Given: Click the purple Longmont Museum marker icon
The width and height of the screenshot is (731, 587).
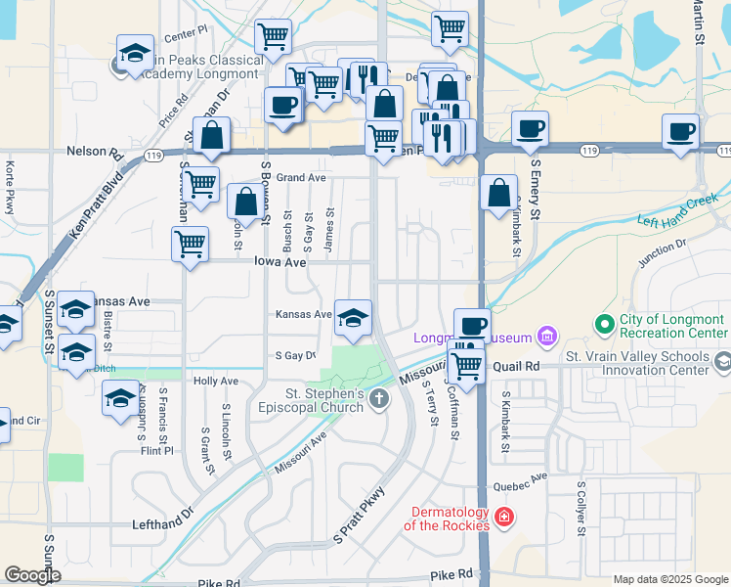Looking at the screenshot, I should pos(546,339).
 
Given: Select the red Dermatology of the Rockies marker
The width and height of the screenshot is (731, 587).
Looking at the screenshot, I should pos(503,516).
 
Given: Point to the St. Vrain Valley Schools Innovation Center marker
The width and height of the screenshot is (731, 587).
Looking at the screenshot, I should pos(722,363).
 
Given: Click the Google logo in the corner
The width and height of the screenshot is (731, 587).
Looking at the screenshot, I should pos(32,575).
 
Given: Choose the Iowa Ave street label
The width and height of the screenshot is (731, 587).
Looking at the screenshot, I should pos(280,262).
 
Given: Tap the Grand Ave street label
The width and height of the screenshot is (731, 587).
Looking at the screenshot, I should pos(300,178).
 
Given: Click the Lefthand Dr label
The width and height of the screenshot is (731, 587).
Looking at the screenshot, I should pos(163,525).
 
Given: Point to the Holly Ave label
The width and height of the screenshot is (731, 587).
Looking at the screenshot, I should pos(216,381).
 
